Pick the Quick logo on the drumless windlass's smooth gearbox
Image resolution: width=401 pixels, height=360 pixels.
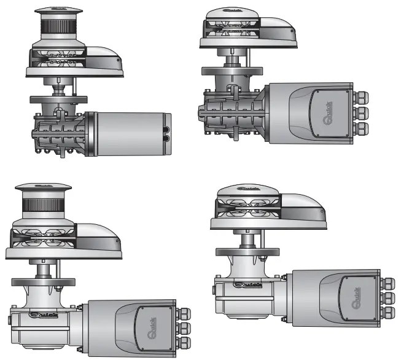245,284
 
